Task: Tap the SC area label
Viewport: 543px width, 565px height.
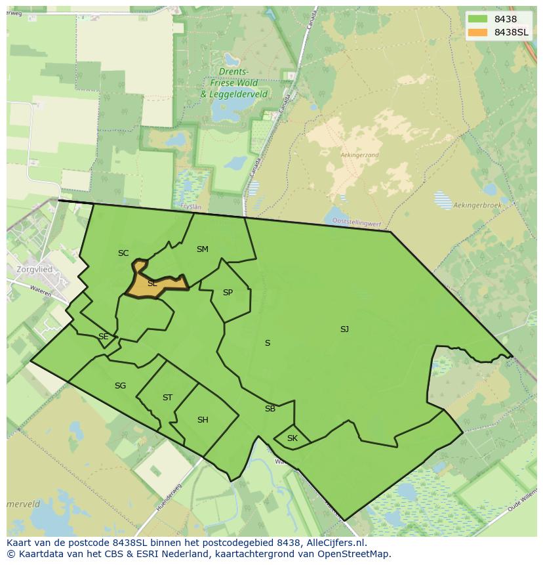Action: pyautogui.click(x=123, y=253)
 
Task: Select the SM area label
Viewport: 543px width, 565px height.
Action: pyautogui.click(x=202, y=249)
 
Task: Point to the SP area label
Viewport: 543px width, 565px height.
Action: pyautogui.click(x=228, y=293)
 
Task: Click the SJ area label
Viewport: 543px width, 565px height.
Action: pyautogui.click(x=344, y=329)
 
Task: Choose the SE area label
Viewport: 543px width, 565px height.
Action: pyautogui.click(x=103, y=337)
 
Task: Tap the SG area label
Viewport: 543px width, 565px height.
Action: pyautogui.click(x=120, y=386)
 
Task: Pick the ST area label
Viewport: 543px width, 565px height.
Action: pyautogui.click(x=167, y=398)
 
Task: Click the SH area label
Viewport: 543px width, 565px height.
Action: pyautogui.click(x=203, y=420)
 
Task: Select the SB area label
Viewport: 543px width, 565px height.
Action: pyautogui.click(x=270, y=409)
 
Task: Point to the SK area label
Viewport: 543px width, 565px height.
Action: pyautogui.click(x=292, y=438)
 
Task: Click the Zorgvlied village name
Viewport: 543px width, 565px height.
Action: pyautogui.click(x=35, y=270)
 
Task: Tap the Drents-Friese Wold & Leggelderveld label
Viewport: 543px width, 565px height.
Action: pyautogui.click(x=234, y=83)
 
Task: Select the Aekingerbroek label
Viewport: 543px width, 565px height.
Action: pyautogui.click(x=477, y=205)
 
